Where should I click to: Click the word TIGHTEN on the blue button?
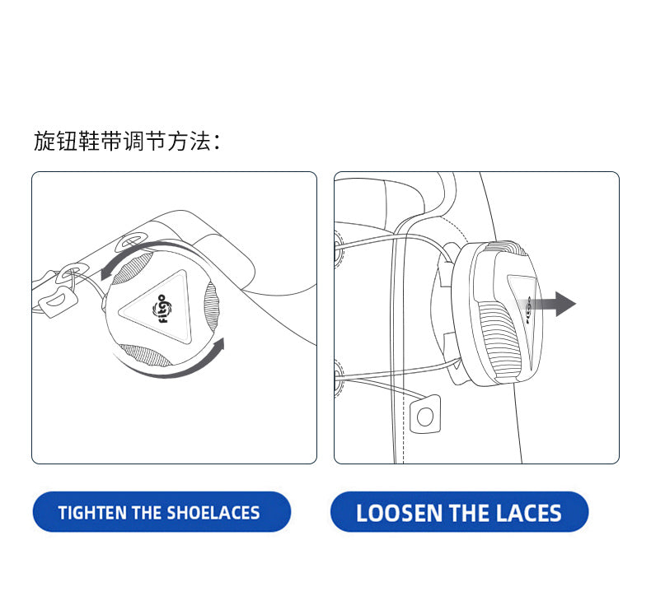[x=92, y=513]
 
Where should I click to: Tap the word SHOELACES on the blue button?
[x=213, y=513]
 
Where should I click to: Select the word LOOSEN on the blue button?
[x=399, y=513]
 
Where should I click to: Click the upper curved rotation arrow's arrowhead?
[x=107, y=271]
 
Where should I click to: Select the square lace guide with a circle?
[x=425, y=415]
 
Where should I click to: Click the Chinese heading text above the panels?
[x=127, y=141]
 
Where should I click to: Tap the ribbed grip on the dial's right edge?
[x=211, y=306]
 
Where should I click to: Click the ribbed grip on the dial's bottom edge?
[x=145, y=355]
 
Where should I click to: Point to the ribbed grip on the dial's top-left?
[x=133, y=268]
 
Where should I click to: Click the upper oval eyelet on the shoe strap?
[x=132, y=241]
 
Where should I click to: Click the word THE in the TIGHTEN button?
[x=147, y=513]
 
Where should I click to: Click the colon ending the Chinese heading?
[x=217, y=142]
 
